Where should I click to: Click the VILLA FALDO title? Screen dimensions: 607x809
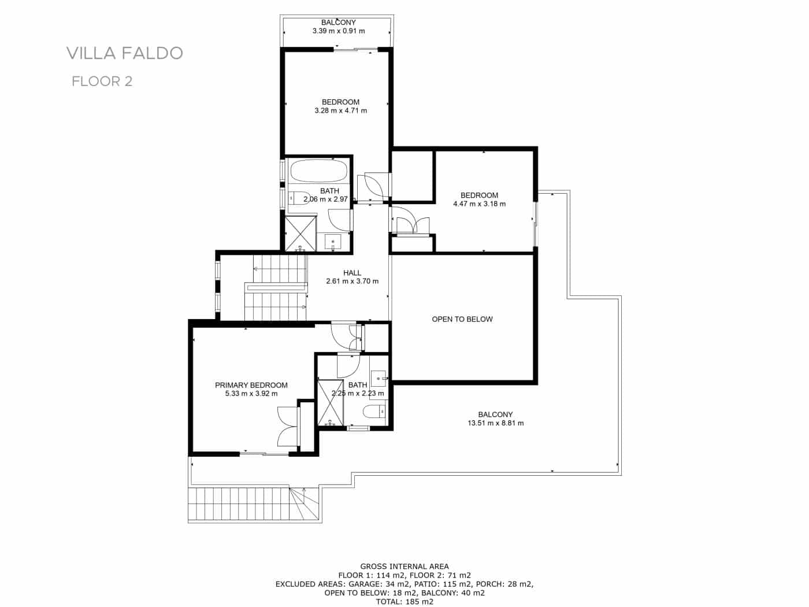[125, 53]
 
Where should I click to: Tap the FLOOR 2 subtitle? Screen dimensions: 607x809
[102, 82]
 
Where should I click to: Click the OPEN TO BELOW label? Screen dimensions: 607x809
[462, 319]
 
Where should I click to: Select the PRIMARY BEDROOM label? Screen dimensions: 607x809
[251, 385]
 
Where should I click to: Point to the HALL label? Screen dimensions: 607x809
[352, 273]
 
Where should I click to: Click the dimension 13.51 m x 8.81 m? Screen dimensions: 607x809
[495, 423]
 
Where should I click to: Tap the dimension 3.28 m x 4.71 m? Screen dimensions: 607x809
[340, 110]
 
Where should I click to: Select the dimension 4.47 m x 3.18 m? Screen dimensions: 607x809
[479, 203]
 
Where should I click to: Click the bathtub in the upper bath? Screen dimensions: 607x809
[318, 171]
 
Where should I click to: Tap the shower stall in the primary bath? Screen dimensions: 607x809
[330, 402]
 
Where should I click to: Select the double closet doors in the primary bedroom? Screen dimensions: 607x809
[287, 426]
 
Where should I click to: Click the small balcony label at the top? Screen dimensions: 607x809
[339, 23]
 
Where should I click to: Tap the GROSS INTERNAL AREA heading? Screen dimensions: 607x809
[404, 567]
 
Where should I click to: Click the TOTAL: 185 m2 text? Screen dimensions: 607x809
[404, 601]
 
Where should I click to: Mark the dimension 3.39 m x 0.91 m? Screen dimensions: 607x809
[339, 31]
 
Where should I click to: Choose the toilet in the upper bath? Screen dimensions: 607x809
[298, 198]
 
